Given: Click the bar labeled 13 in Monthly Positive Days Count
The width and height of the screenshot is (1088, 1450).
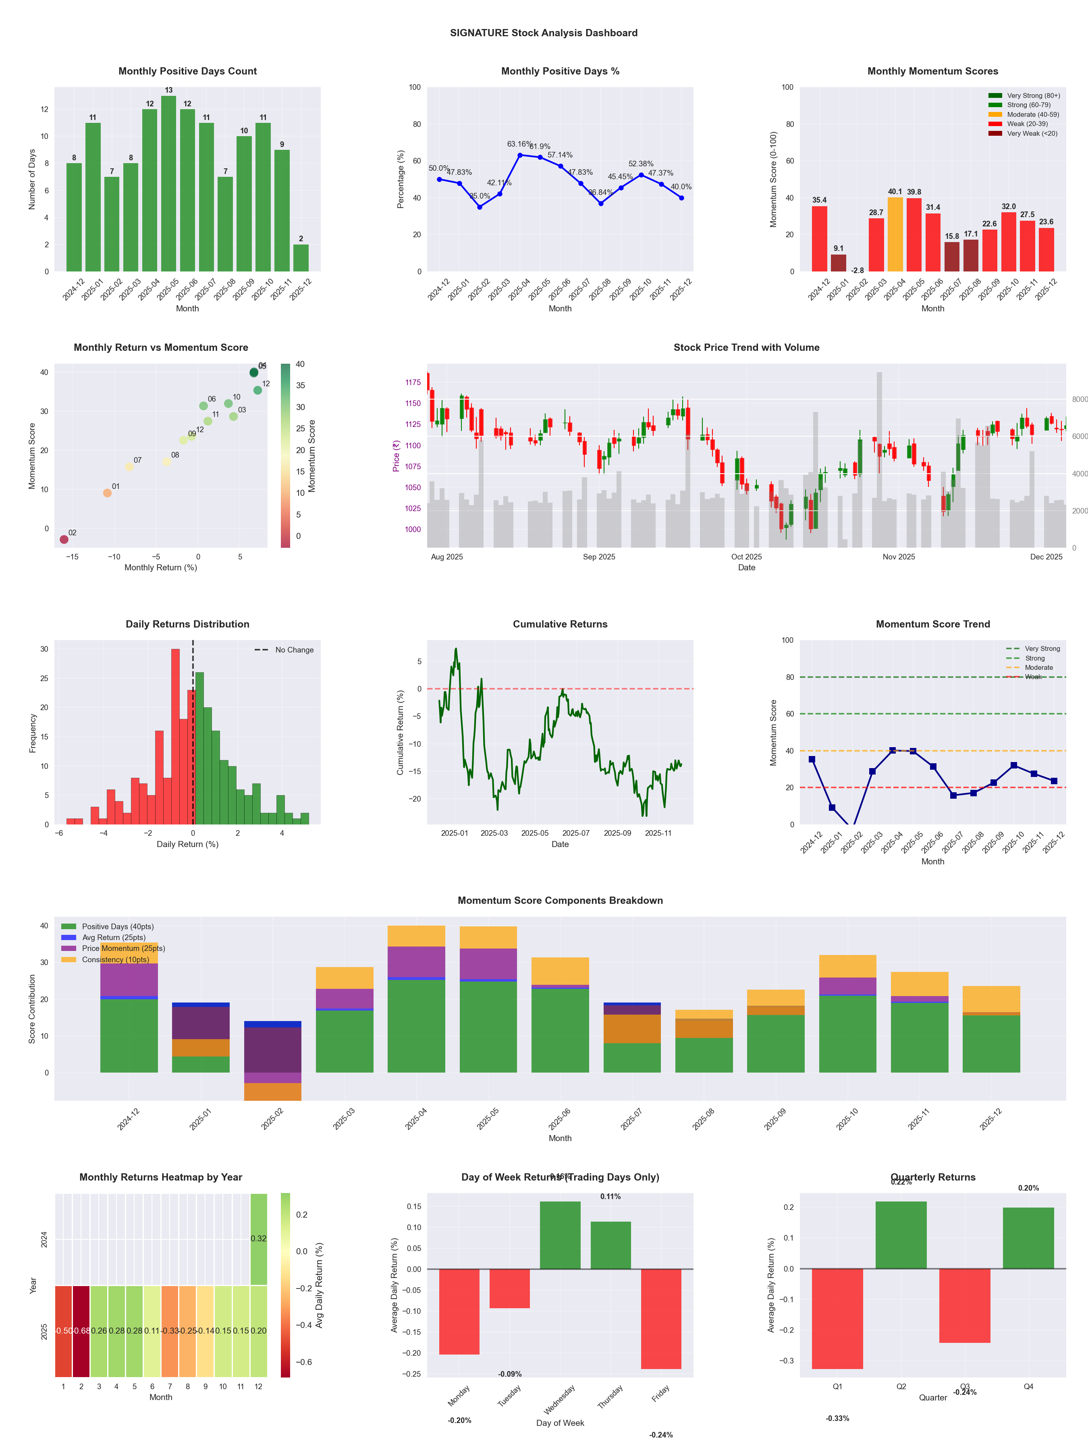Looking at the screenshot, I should (x=168, y=184).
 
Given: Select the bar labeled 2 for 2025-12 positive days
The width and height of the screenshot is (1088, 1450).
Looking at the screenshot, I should (x=301, y=258).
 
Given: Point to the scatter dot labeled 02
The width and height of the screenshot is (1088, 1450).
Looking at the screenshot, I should (x=64, y=539).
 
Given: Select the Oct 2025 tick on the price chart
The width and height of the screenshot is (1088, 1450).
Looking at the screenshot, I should (x=746, y=557).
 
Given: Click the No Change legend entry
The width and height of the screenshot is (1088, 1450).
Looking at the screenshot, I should (x=284, y=650).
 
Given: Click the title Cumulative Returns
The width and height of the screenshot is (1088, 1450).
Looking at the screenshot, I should (x=560, y=624).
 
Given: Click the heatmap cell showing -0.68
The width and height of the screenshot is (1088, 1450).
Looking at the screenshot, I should (x=81, y=1331).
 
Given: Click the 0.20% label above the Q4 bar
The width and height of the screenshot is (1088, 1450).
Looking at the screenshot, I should (x=1028, y=1188).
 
